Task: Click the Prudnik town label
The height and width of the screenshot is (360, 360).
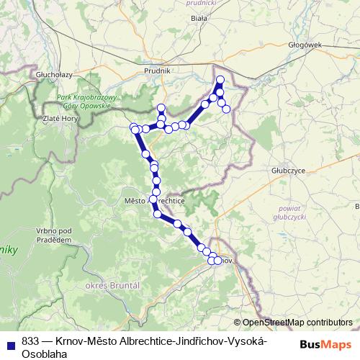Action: pyautogui.click(x=158, y=71)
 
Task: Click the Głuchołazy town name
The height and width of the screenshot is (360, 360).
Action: pyautogui.click(x=55, y=73)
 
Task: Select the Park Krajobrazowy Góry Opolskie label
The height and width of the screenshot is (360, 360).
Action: pyautogui.click(x=83, y=101)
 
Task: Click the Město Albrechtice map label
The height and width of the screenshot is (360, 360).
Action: pyautogui.click(x=155, y=202)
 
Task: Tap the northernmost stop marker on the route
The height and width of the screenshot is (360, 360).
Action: pyautogui.click(x=220, y=79)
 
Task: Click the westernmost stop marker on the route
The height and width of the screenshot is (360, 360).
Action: pyautogui.click(x=133, y=127)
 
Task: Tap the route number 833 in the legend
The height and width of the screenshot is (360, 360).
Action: pyautogui.click(x=30, y=341)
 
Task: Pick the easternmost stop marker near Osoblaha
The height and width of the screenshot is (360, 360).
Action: pyautogui.click(x=227, y=109)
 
